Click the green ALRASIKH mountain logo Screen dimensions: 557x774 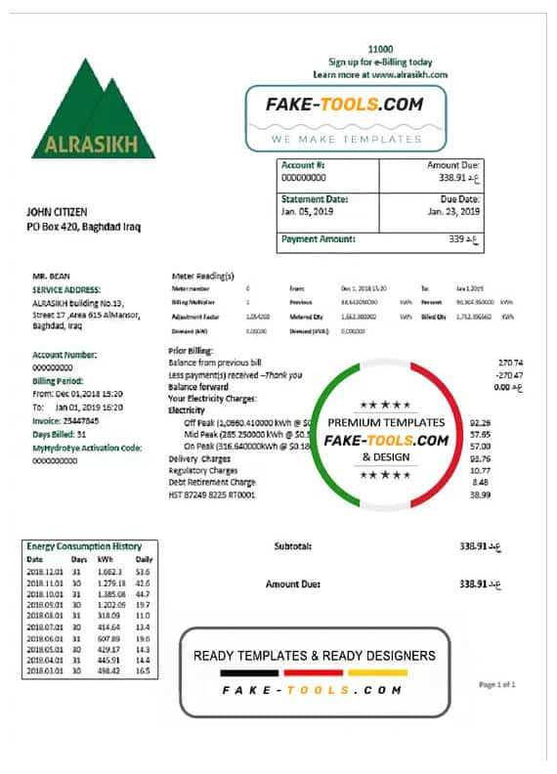click(93, 109)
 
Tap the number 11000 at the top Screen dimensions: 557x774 click(380, 49)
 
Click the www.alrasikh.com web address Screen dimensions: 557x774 click(409, 74)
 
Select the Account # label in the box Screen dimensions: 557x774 click(299, 165)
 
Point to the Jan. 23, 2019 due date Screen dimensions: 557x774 click(453, 211)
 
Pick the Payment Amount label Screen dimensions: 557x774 click(318, 238)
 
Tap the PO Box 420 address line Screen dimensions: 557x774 click(83, 227)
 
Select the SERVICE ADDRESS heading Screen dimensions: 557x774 click(66, 290)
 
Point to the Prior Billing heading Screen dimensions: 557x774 click(192, 350)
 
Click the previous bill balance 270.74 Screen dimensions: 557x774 click(510, 362)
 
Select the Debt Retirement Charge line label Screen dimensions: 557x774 click(212, 482)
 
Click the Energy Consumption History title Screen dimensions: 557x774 click(84, 546)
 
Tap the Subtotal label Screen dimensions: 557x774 click(293, 546)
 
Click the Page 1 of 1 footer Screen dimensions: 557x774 click(497, 685)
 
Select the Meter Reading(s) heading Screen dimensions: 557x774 click(202, 277)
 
